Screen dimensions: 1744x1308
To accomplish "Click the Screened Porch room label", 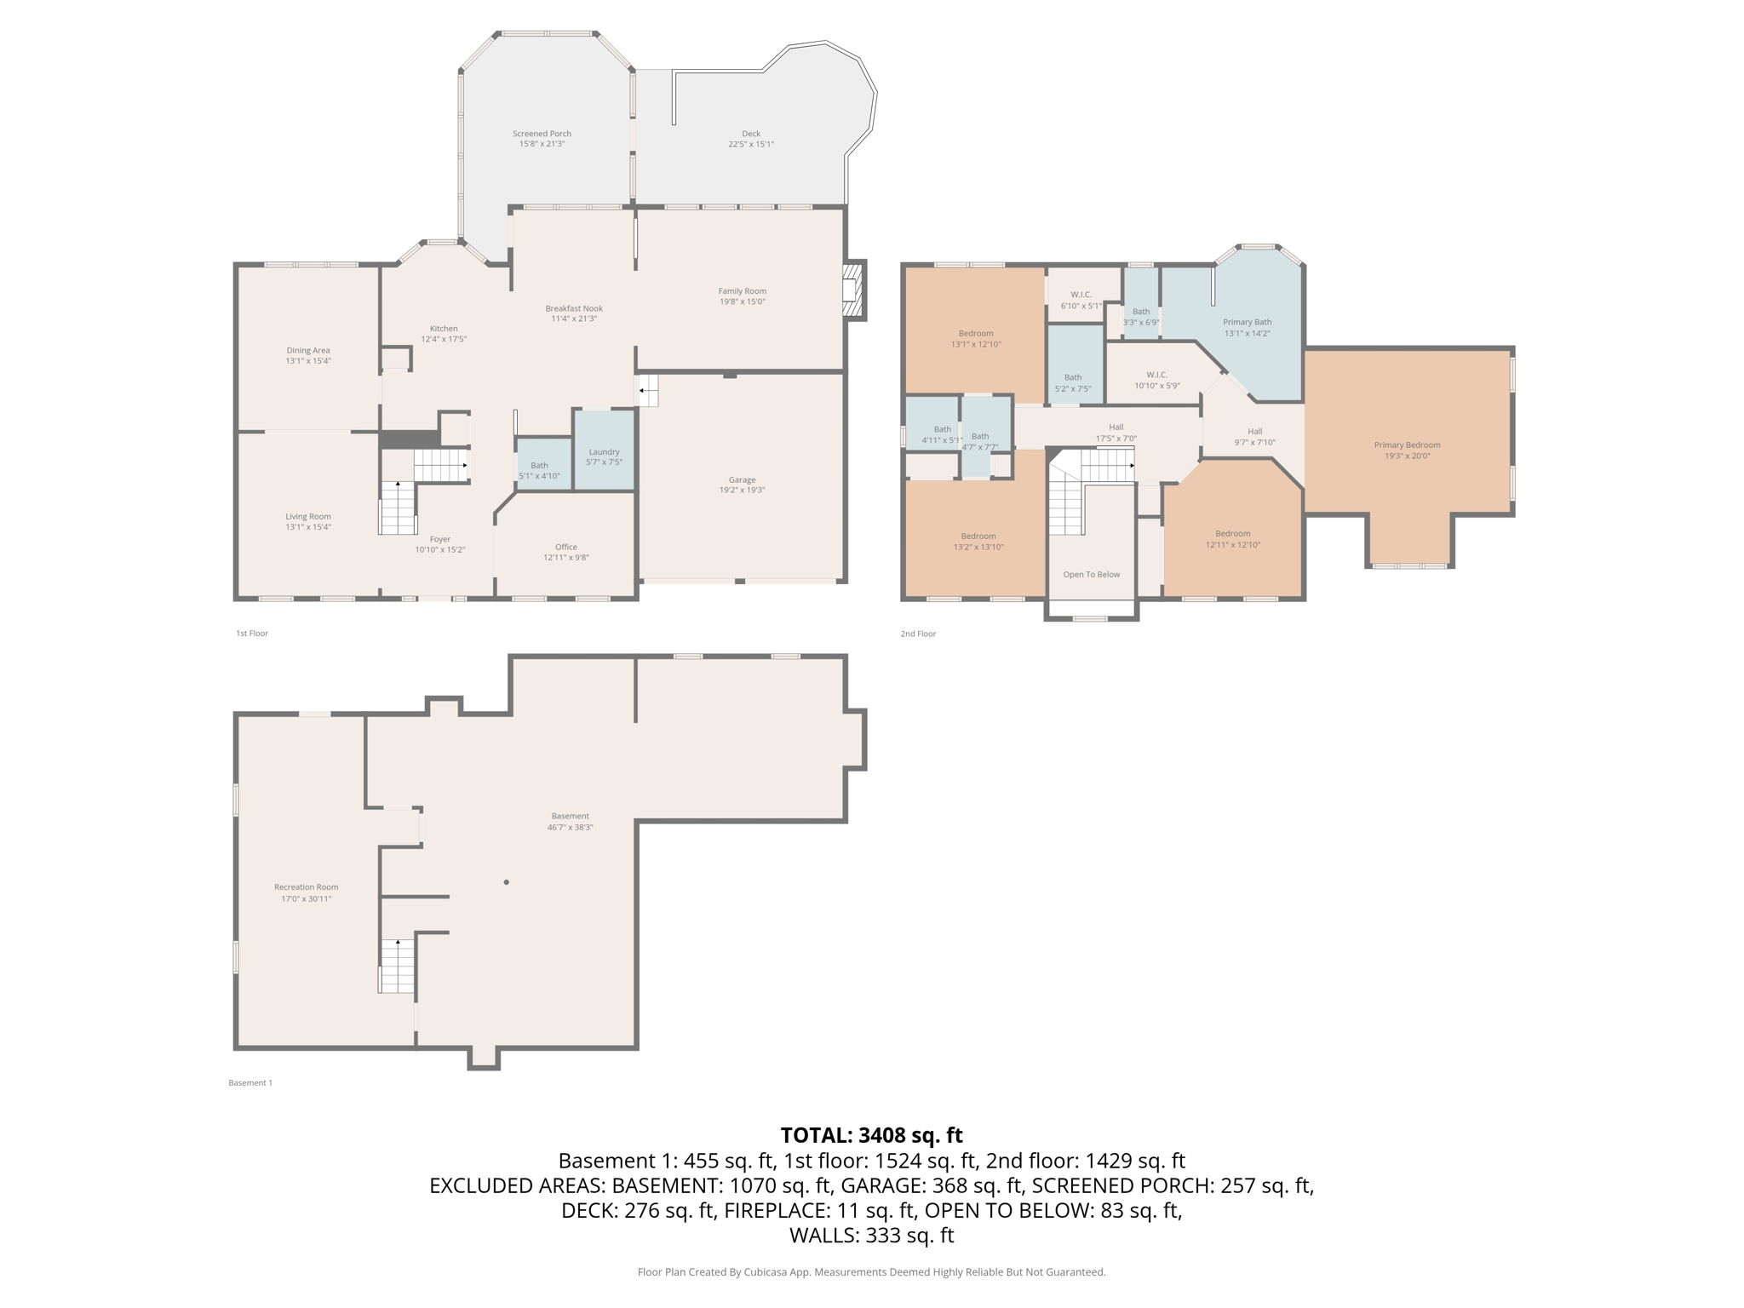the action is tap(542, 134).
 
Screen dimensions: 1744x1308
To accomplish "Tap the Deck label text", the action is tap(751, 134).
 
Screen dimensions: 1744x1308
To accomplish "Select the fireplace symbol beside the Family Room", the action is tap(852, 290).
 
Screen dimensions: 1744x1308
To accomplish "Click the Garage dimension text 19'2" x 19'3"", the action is tap(742, 490).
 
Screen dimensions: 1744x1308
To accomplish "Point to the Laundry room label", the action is tap(603, 452).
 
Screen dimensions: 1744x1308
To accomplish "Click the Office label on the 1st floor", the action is tap(566, 548).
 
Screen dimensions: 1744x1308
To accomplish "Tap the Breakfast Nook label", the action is tap(574, 308).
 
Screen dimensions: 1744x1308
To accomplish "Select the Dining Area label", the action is tap(308, 350).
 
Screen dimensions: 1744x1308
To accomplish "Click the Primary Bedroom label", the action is tap(1407, 445).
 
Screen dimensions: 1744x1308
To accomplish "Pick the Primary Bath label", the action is tap(1248, 322).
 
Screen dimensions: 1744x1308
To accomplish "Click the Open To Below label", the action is tap(1092, 575).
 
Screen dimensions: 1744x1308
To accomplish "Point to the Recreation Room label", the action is tap(307, 887).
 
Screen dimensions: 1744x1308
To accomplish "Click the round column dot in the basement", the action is tap(507, 882).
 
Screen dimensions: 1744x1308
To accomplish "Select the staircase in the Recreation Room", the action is tap(397, 966).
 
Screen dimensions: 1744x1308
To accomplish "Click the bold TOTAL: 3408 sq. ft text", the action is tap(871, 1135).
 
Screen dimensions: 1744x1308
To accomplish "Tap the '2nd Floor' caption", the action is tap(918, 634).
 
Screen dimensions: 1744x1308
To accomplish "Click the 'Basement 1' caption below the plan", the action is tap(250, 1083).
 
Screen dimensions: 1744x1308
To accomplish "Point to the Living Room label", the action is tap(308, 517).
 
